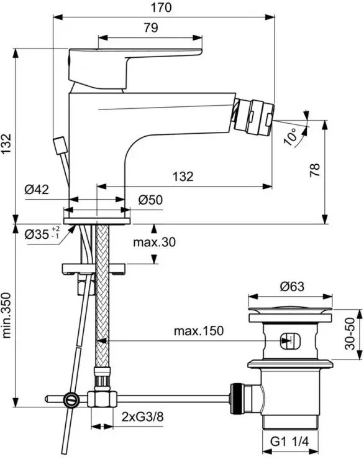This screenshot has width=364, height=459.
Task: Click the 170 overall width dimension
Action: [x=161, y=7]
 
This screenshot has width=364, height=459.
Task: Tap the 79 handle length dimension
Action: [x=151, y=27]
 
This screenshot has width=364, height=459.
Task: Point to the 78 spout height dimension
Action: [x=315, y=170]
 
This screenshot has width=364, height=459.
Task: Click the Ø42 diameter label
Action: [x=37, y=190]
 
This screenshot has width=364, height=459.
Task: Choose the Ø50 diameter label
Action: [x=150, y=200]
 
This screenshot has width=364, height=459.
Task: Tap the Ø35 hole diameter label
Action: [x=42, y=234]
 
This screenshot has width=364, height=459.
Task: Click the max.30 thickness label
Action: [x=154, y=242]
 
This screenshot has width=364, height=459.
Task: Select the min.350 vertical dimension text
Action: [x=6, y=315]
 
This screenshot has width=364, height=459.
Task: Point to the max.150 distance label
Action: [x=199, y=331]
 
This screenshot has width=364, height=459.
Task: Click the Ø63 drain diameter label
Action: [x=292, y=286]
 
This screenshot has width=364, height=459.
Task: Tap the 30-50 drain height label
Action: [x=350, y=334]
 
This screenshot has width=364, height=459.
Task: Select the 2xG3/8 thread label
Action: [x=142, y=417]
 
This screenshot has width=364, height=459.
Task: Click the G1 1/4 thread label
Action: [x=289, y=442]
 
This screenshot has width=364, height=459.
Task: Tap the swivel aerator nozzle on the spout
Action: [x=254, y=116]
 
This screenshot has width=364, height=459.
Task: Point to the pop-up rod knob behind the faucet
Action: [x=60, y=145]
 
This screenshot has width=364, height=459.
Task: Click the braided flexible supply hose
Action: [x=102, y=295]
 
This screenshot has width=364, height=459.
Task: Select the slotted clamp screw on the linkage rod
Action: [x=71, y=399]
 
